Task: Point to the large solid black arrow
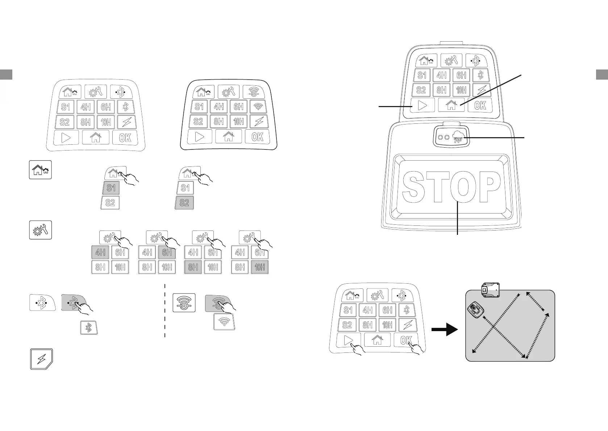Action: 445,330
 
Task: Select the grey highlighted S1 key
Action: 111,188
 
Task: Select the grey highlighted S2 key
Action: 184,203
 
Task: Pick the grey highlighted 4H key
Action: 100,252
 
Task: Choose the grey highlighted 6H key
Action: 167,252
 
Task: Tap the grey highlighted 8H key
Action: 193,267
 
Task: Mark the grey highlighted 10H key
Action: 260,267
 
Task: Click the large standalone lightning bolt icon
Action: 42,359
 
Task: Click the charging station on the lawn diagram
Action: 491,290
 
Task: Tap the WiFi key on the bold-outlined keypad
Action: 258,107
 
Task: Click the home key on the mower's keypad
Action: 451,105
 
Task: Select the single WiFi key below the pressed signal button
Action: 224,322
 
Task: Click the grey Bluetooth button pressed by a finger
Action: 74,302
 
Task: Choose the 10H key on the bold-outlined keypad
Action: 239,122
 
